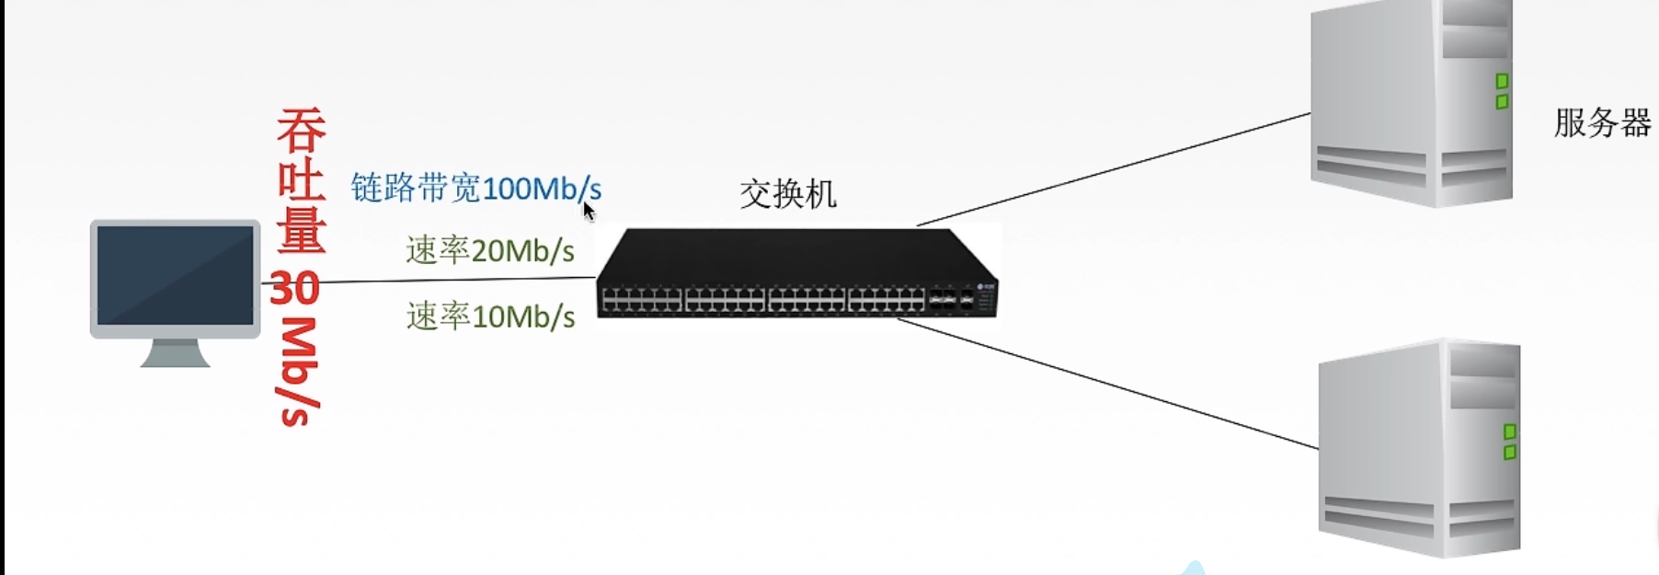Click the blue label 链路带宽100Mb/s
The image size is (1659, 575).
[x=475, y=189]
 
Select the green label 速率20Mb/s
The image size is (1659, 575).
[x=490, y=250]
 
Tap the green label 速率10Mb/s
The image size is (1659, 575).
[x=490, y=316]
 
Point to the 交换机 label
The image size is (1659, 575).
[x=787, y=194]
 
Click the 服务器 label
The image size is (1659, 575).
[x=1602, y=123]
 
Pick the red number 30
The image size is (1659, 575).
[x=294, y=288]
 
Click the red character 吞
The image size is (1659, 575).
[x=302, y=131]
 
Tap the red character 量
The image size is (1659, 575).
[x=302, y=230]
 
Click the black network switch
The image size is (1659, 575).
[x=795, y=274]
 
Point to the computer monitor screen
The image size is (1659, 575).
[x=175, y=275]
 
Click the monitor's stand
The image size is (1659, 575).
[x=175, y=353]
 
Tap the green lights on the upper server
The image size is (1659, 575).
[x=1502, y=92]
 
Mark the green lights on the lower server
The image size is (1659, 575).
[x=1509, y=442]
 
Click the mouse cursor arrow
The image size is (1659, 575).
[x=589, y=212]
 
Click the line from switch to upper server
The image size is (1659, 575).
[x=1113, y=169]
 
